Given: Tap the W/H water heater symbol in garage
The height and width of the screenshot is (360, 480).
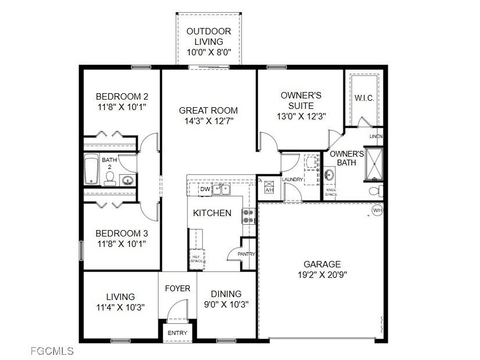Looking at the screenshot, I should [377, 210].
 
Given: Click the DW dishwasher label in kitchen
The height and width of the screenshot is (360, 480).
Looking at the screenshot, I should [204, 189].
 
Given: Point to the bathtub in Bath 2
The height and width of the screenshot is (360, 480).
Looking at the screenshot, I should [91, 169].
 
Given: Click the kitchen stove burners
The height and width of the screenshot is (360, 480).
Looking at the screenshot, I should [249, 216].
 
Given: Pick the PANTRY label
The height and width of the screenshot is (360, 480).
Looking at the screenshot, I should [246, 254].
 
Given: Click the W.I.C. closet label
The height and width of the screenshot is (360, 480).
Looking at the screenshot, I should [364, 98].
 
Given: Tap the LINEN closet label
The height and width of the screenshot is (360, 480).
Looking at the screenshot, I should [376, 136].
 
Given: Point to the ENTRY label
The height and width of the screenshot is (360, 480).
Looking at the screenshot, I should [178, 333].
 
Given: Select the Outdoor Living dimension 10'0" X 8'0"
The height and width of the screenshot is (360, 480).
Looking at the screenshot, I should [209, 52].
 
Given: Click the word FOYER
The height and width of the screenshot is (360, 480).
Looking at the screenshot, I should [178, 289].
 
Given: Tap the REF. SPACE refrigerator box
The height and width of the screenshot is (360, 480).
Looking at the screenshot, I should [197, 258].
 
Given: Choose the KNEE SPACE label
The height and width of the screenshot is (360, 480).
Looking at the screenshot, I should [331, 192].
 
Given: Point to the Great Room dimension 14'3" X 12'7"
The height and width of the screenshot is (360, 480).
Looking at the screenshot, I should [208, 121].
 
